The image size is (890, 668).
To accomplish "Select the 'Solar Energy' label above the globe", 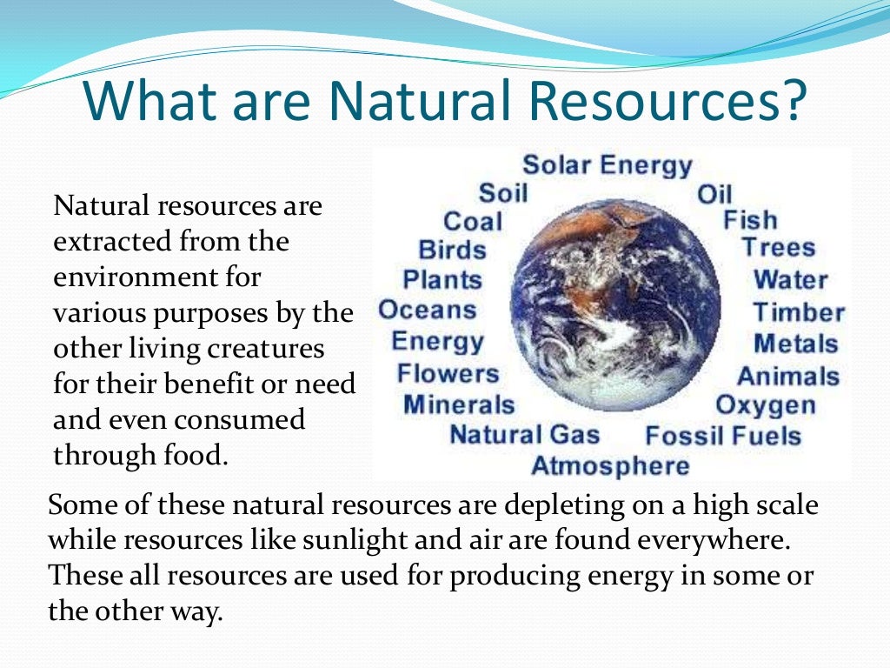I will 607,165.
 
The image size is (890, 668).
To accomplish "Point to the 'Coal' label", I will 475,221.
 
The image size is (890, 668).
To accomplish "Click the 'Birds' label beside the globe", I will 452,250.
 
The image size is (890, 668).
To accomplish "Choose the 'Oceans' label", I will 428,310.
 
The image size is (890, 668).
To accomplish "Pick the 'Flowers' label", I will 448,374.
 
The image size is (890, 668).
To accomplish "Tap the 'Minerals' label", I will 459,404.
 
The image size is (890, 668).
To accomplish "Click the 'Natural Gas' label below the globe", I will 524,434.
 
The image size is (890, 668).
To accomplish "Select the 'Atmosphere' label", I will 610,465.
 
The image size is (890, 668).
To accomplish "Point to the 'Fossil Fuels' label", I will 723,435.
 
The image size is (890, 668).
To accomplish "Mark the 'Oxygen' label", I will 765,405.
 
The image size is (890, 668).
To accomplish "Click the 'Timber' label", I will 798,312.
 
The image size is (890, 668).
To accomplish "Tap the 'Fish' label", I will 750,220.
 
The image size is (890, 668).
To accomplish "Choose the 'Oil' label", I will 714,194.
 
